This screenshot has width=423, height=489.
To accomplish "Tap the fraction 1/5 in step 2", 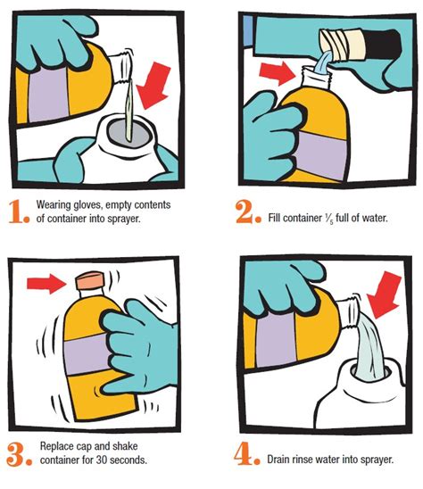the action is [x=328, y=219].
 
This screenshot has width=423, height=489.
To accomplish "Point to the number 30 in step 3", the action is [x=101, y=460].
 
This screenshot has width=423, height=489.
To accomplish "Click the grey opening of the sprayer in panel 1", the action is [x=129, y=132].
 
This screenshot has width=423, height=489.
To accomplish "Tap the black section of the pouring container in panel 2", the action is [x=382, y=43].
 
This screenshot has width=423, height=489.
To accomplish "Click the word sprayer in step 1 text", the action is [x=124, y=219].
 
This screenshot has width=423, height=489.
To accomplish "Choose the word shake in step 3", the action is [x=125, y=446].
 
